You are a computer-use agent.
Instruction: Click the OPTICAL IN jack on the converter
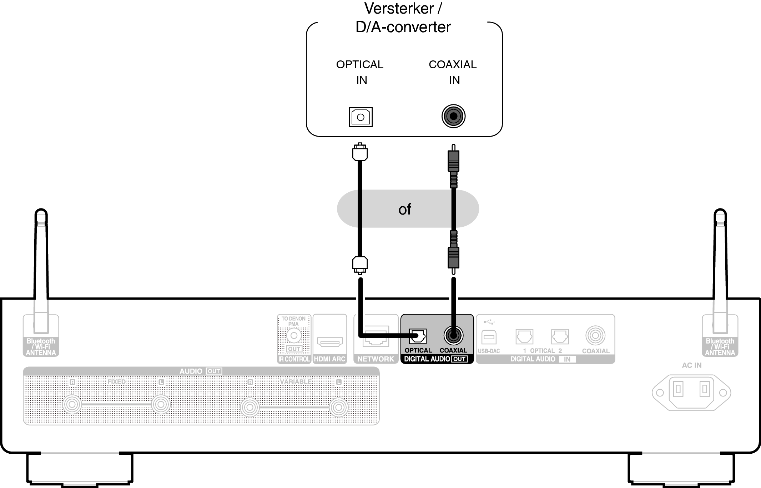click(x=361, y=117)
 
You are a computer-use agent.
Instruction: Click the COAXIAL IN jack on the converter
click(x=453, y=116)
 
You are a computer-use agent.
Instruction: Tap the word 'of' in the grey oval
click(x=405, y=209)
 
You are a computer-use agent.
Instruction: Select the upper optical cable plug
click(x=360, y=153)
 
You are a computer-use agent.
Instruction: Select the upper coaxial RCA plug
click(x=453, y=161)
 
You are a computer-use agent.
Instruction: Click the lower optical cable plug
click(x=360, y=265)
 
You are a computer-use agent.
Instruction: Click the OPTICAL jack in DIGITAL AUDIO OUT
click(x=417, y=336)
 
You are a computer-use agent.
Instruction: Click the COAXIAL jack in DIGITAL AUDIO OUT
click(x=453, y=336)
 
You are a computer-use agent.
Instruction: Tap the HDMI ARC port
click(x=330, y=342)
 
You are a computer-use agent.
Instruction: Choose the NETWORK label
click(x=376, y=359)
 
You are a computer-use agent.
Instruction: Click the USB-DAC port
click(x=489, y=337)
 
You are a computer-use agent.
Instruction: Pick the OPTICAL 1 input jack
click(x=524, y=336)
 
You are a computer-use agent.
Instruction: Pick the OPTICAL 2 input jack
click(x=560, y=336)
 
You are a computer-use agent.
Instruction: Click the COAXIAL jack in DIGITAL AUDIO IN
click(x=595, y=336)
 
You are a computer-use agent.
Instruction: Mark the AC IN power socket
click(x=691, y=392)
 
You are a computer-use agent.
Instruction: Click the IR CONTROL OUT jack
click(x=294, y=336)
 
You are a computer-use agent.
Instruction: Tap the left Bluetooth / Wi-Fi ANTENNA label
click(x=41, y=347)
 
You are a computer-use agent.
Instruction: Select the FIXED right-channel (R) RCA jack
click(x=72, y=405)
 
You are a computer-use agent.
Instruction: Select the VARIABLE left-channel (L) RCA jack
click(x=338, y=407)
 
